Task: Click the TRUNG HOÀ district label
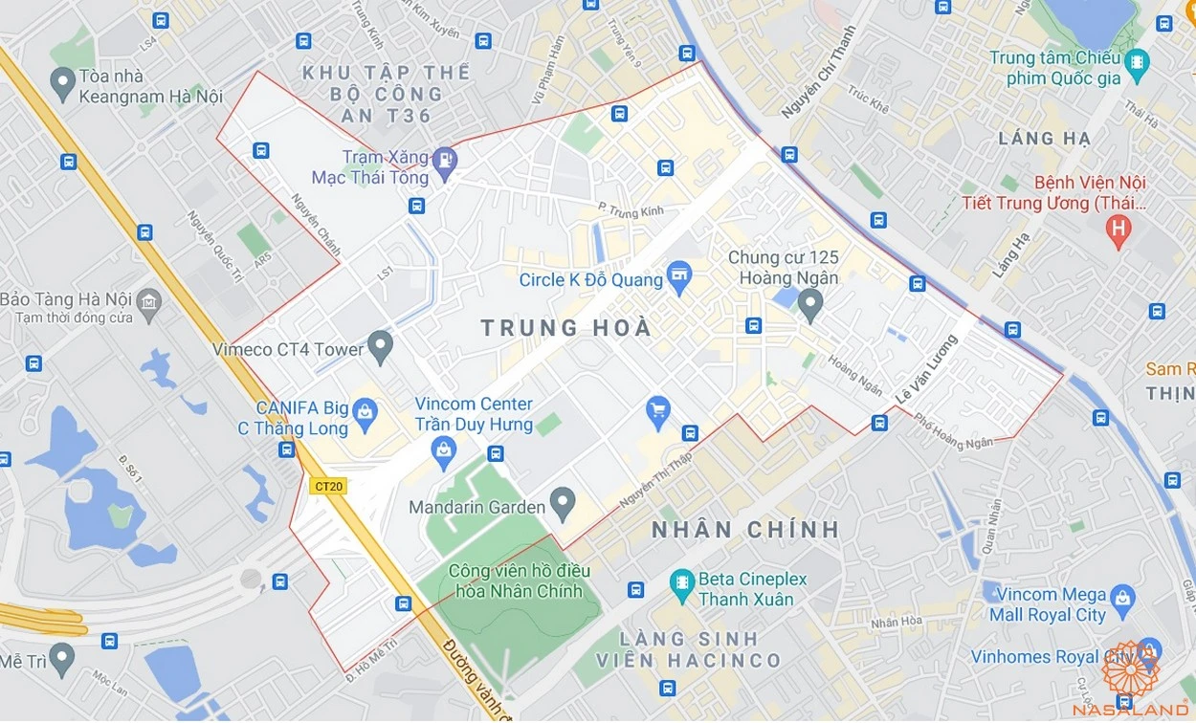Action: tap(565, 328)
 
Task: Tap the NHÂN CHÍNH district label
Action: tap(745, 529)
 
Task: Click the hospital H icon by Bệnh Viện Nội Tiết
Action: tap(1117, 229)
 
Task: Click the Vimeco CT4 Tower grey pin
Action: tap(381, 346)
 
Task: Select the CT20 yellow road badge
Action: tap(328, 486)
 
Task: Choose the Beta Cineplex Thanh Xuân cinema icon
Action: tap(681, 582)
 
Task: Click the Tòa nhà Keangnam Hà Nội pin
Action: tap(63, 83)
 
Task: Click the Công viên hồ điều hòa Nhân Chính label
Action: tap(515, 581)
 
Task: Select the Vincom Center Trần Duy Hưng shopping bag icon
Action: tap(444, 449)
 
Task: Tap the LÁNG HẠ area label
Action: tap(1044, 138)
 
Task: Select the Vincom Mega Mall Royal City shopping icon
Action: tap(1122, 598)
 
